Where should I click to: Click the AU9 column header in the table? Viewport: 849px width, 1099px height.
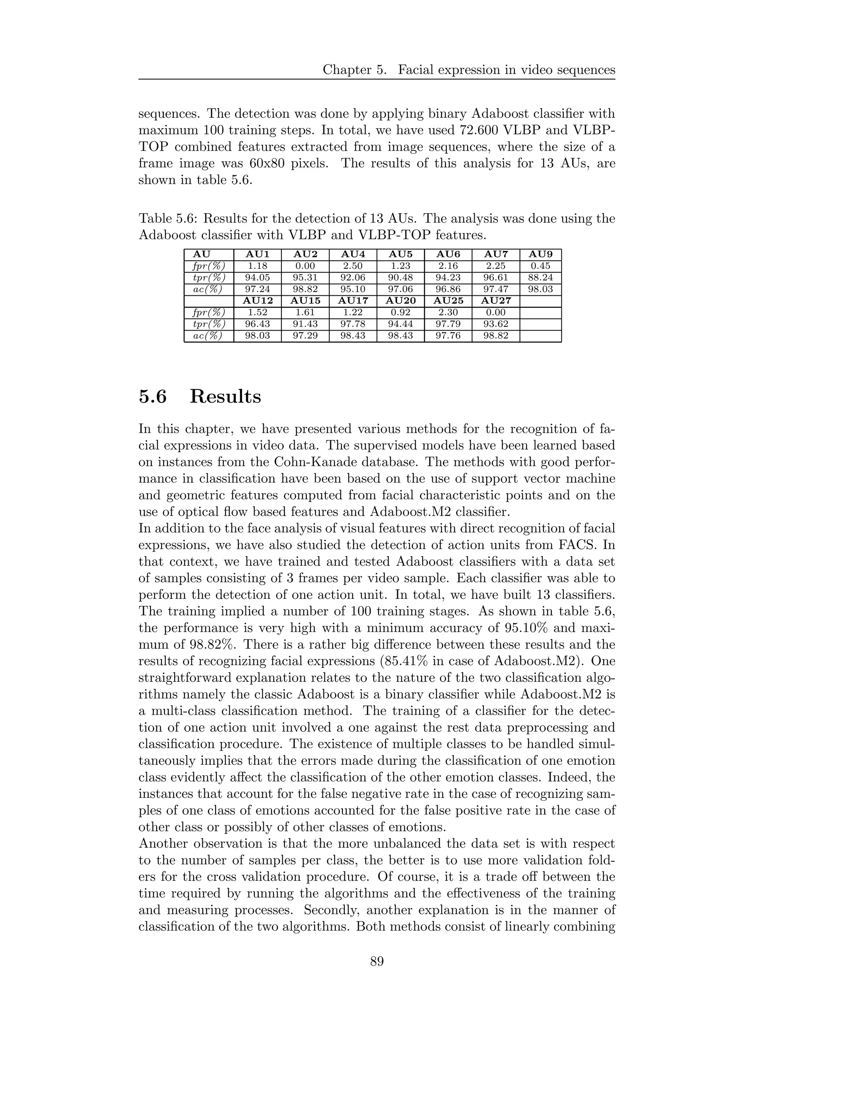541,255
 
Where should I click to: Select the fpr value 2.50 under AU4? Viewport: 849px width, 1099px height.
353,266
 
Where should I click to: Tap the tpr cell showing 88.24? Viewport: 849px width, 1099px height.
541,278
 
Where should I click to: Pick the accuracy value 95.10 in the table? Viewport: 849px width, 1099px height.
353,289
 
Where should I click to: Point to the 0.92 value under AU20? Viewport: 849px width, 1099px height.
400,313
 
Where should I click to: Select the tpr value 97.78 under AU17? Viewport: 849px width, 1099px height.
353,324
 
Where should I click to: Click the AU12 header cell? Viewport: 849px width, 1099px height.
257,301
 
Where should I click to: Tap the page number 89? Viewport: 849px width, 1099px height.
377,962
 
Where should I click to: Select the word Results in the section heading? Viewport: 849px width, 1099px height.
226,396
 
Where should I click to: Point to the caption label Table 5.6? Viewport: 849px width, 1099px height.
168,219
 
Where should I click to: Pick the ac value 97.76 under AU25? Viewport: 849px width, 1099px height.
448,336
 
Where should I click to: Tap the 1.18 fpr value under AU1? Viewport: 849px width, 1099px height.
257,266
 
